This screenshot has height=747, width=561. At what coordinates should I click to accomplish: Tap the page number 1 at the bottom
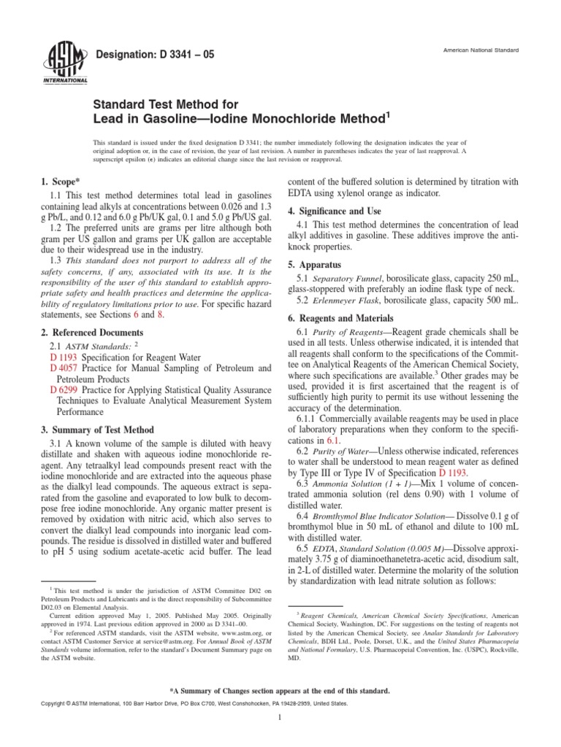(x=280, y=717)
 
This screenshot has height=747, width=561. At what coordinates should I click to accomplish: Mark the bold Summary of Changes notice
(x=280, y=689)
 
